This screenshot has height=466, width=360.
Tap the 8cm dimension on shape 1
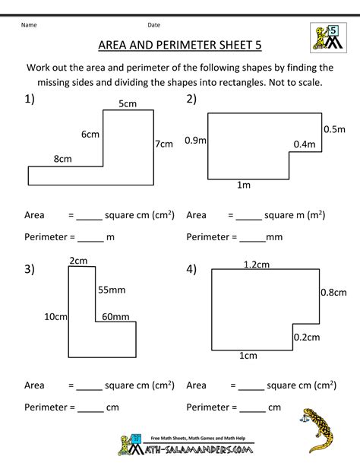62,159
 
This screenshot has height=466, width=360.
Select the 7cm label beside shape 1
163,144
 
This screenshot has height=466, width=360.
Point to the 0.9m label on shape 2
194,140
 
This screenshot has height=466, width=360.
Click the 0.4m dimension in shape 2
304,144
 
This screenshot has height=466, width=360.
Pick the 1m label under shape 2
244,185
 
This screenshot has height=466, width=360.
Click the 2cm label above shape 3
77,261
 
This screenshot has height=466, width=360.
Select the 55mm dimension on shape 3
110,290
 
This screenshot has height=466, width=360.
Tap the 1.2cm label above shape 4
257,265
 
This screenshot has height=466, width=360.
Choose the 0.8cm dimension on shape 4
333,292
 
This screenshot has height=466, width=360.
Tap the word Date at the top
153,24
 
